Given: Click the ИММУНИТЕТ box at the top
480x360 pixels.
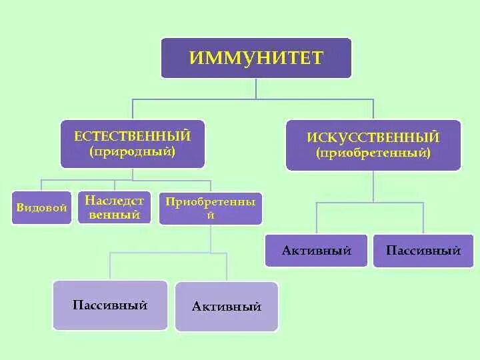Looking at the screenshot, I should tap(256, 57).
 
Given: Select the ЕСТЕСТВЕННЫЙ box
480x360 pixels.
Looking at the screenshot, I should tap(132, 143).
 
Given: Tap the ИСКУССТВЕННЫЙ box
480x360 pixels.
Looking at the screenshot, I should tap(373, 145).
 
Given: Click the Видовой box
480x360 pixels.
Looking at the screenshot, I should tap(41, 208).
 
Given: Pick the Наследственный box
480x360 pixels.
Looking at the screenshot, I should tap(114, 208).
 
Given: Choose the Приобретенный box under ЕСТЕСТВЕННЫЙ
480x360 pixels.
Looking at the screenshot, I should tap(210, 209).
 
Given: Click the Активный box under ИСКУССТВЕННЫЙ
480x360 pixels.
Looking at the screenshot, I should tap(316, 251).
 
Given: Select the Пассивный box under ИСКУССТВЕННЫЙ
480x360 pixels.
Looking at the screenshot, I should tap(423, 251).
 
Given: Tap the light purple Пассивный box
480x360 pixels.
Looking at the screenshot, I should tap(110, 305).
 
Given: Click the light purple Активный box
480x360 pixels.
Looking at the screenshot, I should tap(227, 307).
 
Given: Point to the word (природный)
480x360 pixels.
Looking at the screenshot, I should tap(132, 152).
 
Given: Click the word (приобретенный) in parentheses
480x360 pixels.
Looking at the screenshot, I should tap(373, 153).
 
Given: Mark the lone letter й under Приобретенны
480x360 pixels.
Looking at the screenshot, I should tap(210, 216).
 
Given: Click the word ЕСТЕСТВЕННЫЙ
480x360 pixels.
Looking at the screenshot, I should tap(132, 136).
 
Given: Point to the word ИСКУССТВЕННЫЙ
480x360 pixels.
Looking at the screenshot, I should tap(373, 137).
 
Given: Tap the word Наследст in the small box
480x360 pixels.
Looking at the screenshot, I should tap(114, 201).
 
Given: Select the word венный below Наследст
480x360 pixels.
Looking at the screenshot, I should tap(114, 215).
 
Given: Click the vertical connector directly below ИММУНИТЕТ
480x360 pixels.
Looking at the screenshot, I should tap(257, 89).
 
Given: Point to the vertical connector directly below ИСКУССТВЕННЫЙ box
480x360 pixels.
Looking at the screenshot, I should tap(373, 187).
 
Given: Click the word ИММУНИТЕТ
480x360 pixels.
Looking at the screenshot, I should tap(256, 57).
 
